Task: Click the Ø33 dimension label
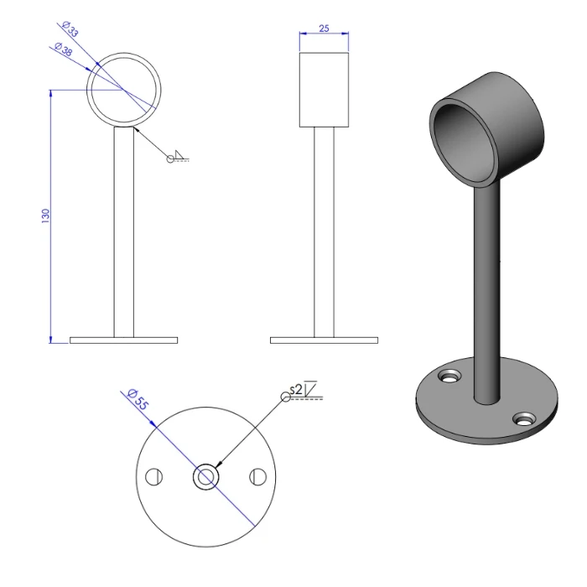70,29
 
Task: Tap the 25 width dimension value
324,29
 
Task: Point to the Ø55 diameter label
136,398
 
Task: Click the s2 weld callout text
296,389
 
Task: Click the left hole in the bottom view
153,477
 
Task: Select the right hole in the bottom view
257,477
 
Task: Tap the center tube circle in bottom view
205,477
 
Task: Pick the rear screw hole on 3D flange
449,375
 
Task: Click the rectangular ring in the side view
324,90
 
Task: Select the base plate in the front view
123,340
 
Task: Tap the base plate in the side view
324,340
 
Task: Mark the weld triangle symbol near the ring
179,155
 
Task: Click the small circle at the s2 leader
286,397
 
